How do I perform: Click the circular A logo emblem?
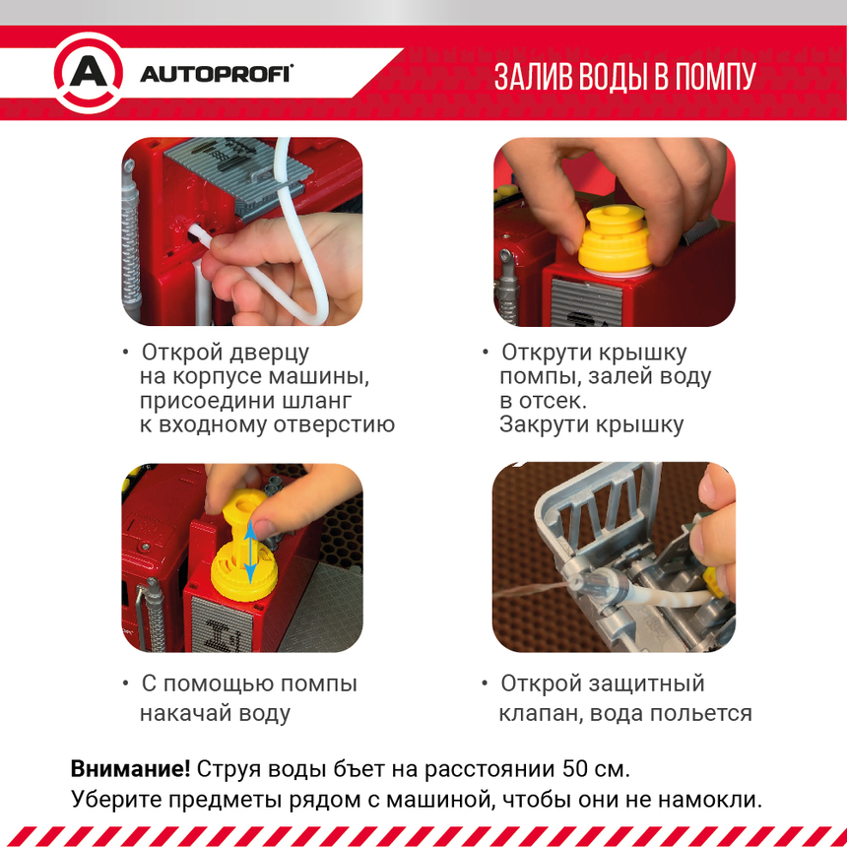click(x=88, y=73)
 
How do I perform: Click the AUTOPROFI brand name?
click(x=216, y=74)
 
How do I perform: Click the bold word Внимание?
click(x=130, y=768)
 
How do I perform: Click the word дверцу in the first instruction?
click(x=270, y=354)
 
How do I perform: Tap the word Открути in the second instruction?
click(x=542, y=353)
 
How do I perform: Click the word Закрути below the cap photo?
click(x=542, y=424)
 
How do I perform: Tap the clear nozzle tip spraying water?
click(x=577, y=583)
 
